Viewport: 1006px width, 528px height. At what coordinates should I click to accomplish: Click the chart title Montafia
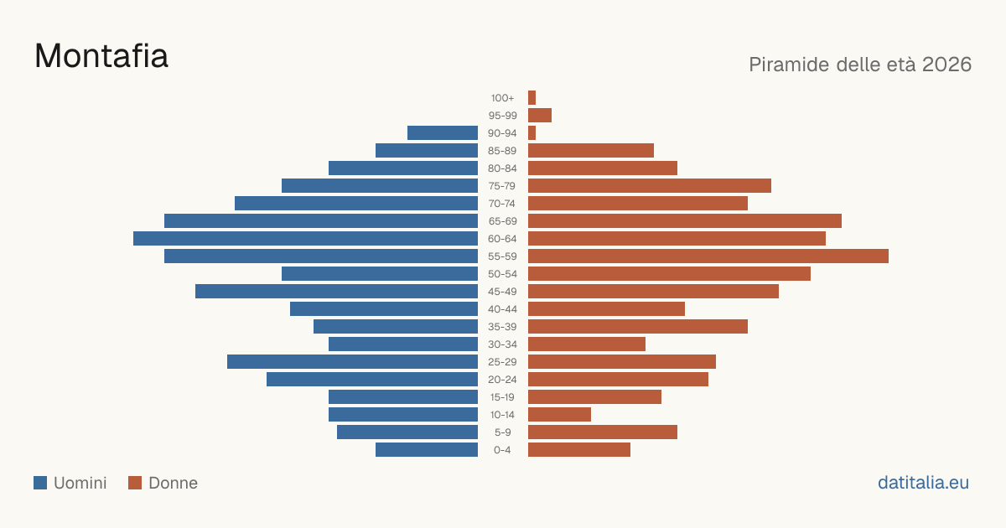pos(101,56)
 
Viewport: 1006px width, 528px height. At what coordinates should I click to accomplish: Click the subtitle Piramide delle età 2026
pos(860,65)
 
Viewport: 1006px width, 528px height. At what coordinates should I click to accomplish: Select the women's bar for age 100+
pos(532,97)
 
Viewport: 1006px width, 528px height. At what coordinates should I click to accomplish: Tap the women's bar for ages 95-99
pos(540,116)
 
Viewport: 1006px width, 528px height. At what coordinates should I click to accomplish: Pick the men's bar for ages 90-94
pos(443,133)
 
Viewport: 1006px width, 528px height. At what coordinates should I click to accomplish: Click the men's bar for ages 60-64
pos(305,238)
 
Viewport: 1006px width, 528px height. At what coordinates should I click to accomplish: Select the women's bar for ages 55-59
pos(708,256)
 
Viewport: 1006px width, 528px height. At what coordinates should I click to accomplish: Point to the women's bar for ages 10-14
pos(560,414)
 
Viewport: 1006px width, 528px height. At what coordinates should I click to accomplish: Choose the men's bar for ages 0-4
pos(427,450)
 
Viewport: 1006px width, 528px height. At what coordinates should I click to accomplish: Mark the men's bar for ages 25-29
pos(353,362)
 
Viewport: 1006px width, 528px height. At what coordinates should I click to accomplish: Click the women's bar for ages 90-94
pos(532,133)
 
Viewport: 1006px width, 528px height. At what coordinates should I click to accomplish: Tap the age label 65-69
pos(502,221)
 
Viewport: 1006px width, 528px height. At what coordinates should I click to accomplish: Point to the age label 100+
pos(502,98)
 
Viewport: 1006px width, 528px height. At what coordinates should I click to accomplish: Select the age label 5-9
pos(502,432)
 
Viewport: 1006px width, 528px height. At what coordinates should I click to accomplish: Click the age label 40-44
pos(502,309)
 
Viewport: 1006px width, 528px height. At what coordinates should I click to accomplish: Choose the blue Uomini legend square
pos(40,483)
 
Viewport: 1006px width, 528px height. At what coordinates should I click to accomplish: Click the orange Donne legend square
pos(135,483)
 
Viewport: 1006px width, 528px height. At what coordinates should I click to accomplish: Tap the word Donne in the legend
pos(173,483)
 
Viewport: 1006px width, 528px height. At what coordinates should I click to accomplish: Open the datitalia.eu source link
pos(923,483)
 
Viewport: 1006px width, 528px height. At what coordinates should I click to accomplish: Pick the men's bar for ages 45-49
pos(336,292)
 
